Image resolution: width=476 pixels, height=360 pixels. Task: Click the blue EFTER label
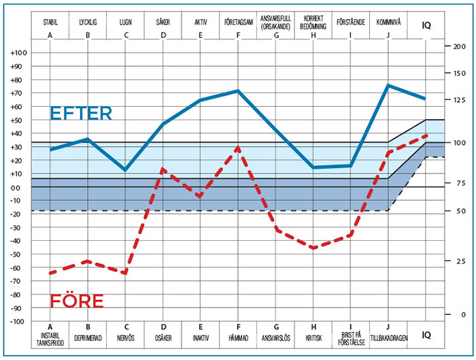[x=81, y=114]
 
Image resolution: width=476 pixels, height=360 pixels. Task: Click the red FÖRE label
[x=77, y=301]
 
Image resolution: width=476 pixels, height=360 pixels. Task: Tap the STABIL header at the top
[x=50, y=22]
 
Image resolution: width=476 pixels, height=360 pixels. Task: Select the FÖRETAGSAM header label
[x=238, y=22]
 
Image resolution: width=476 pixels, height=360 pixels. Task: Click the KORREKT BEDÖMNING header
[x=313, y=22]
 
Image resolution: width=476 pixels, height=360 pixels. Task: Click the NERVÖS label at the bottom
[x=125, y=338]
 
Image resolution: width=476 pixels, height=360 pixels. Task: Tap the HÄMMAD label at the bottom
[x=238, y=338]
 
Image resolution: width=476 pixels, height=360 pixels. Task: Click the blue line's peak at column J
[x=388, y=85]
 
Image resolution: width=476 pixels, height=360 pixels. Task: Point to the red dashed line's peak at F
[x=238, y=146]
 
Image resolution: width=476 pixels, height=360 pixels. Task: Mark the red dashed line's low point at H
[x=313, y=248]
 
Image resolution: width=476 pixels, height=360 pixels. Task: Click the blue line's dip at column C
[x=125, y=170]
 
